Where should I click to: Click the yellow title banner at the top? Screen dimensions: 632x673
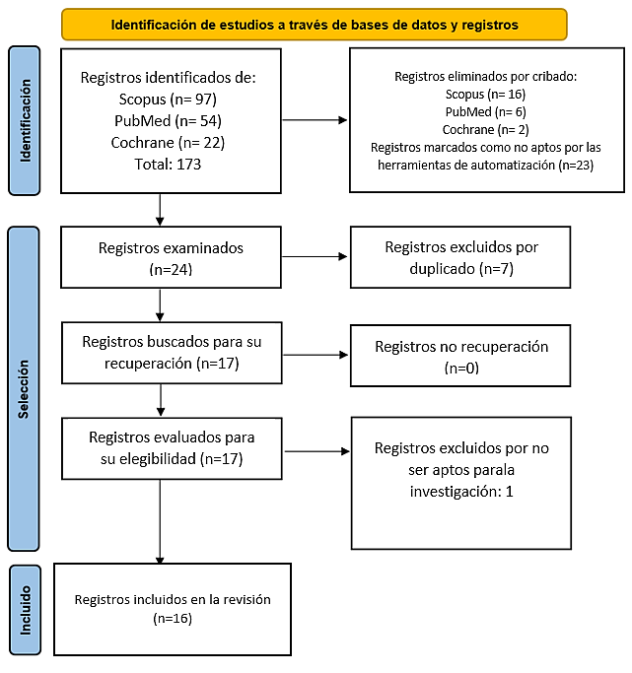(315, 25)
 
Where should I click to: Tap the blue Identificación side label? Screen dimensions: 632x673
(25, 120)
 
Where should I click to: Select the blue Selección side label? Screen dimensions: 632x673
(24, 389)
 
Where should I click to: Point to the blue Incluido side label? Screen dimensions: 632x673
(26, 610)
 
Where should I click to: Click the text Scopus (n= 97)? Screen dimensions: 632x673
(168, 100)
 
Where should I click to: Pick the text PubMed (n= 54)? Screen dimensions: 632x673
(168, 120)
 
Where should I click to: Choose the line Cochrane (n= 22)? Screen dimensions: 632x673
(168, 143)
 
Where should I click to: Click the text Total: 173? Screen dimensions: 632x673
(168, 164)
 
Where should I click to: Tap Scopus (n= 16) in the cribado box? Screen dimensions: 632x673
(486, 94)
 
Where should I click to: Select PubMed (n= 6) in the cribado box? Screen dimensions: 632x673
(486, 112)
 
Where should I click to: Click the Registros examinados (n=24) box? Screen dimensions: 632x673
(171, 257)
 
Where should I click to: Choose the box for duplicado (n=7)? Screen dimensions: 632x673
(460, 257)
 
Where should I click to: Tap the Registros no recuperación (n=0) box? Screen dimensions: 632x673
(460, 356)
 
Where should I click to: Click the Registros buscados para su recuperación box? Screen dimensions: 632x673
(172, 353)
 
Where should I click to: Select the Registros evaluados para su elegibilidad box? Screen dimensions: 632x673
(172, 448)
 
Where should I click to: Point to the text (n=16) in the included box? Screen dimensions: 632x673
(173, 619)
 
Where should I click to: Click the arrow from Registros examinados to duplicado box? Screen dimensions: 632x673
(315, 256)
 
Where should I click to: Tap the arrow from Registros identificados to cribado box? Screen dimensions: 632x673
(315, 120)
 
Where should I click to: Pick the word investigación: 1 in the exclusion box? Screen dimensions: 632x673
(461, 492)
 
